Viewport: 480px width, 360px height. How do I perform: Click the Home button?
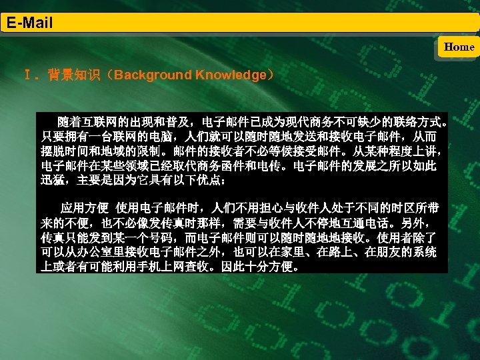[x=459, y=47]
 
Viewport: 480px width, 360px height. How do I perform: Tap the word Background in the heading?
[x=153, y=75]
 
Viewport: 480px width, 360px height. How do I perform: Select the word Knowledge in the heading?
[x=229, y=75]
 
